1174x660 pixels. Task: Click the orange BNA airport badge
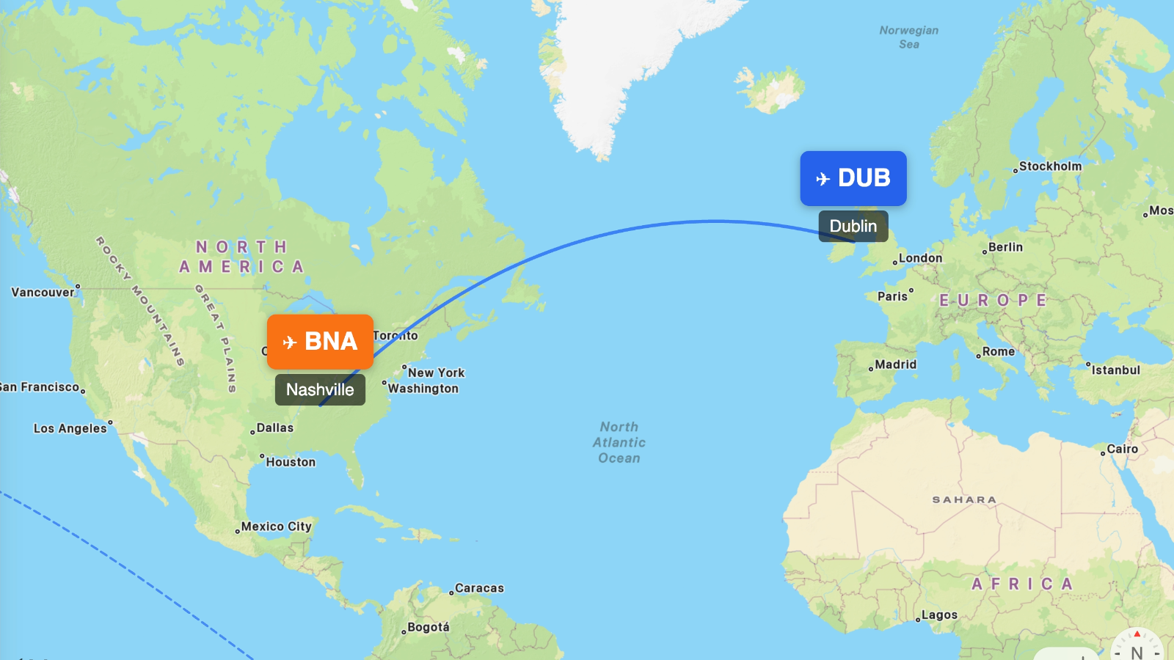point(320,342)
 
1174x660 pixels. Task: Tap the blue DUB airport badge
point(853,178)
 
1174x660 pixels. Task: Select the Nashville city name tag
point(320,389)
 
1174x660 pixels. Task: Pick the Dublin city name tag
point(853,226)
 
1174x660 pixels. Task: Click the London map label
point(920,258)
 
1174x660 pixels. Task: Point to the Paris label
point(893,296)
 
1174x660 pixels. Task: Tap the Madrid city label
point(895,364)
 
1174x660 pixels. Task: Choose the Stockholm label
point(1050,166)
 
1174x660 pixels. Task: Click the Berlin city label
point(1005,247)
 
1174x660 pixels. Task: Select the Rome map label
point(999,352)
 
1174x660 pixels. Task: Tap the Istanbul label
point(1115,370)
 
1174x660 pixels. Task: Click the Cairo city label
point(1122,449)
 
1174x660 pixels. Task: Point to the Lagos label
point(939,615)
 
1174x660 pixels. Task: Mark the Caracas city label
point(479,588)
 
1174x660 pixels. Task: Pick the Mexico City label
point(276,527)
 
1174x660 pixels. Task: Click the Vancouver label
point(43,292)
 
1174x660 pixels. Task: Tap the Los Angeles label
point(70,428)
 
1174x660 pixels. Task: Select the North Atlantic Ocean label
point(619,442)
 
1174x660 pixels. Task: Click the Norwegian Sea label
point(909,37)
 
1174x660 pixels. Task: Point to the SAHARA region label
point(964,499)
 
